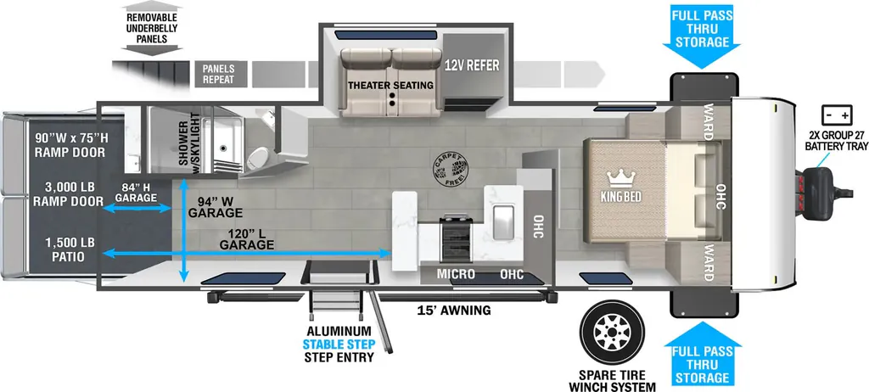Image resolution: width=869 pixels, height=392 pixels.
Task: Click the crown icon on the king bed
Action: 620,178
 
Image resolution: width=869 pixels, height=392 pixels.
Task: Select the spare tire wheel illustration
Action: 612,332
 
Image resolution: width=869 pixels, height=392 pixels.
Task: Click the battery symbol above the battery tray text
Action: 837,116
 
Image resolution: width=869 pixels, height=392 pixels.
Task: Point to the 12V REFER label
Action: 472,65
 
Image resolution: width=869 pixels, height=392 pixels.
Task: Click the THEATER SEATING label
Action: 390,86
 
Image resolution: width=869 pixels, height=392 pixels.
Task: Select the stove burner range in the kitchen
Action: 456,238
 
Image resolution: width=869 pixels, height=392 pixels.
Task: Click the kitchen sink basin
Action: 503,221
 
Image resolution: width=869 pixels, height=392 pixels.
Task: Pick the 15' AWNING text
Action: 454,311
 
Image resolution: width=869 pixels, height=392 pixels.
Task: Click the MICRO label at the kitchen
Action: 456,274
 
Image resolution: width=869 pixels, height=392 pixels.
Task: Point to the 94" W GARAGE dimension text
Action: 215,207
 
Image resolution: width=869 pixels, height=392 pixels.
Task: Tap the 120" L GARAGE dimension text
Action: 247,238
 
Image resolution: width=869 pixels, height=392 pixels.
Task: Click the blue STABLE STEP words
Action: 339,344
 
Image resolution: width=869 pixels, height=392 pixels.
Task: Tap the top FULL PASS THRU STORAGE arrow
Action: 701,35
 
